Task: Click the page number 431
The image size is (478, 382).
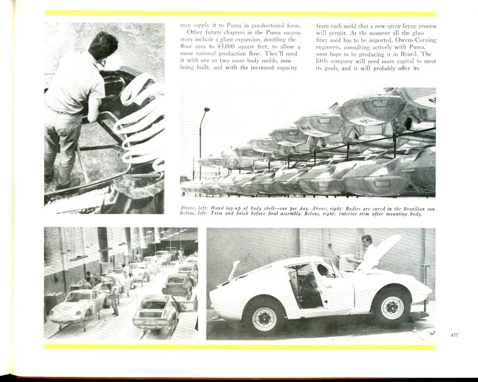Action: (x=454, y=334)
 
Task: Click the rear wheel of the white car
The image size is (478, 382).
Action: (x=264, y=318)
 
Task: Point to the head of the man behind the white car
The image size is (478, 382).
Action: (x=367, y=241)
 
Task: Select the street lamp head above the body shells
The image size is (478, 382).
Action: (x=207, y=109)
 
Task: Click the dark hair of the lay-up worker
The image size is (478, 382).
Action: (x=103, y=45)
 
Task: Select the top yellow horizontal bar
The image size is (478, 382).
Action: (x=240, y=13)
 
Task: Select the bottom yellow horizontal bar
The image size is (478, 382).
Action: (x=240, y=347)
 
